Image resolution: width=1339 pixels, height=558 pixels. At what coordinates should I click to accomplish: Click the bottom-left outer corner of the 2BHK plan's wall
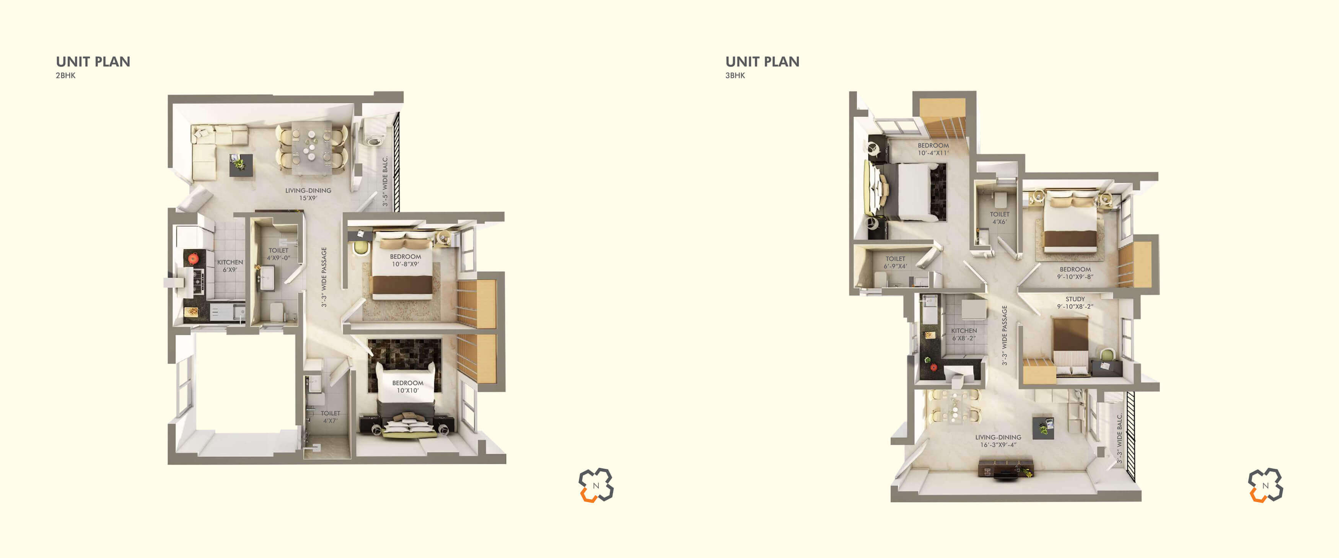(168, 464)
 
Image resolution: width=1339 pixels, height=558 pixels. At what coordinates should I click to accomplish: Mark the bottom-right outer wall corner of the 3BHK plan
(1141, 501)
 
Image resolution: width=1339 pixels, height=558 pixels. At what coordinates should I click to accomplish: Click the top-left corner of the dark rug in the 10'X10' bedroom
(368, 339)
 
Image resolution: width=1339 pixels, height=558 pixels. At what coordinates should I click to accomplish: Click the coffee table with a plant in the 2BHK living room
(241, 165)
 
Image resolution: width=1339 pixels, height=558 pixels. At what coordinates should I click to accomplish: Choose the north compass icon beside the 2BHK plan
(596, 485)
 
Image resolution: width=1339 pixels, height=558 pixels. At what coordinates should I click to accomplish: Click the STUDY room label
(1075, 299)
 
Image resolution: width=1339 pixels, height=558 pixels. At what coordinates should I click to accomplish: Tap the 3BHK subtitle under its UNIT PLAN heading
(735, 75)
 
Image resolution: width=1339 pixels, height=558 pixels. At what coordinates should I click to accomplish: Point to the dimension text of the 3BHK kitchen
(964, 338)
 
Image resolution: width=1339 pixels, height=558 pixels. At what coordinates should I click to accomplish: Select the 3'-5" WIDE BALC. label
(385, 181)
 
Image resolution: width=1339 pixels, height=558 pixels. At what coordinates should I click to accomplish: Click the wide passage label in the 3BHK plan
(1004, 335)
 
